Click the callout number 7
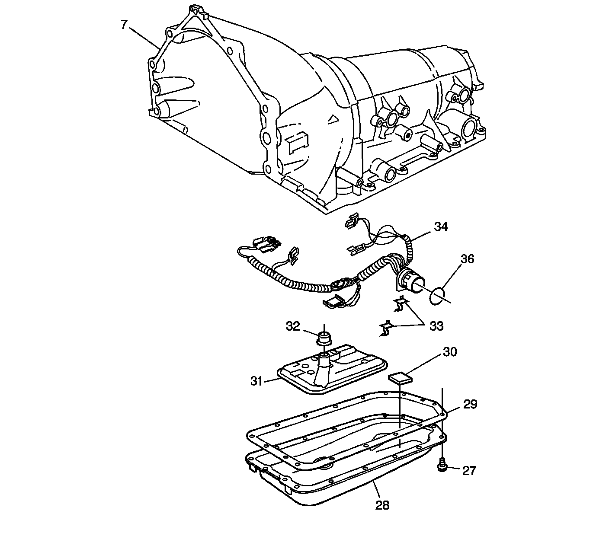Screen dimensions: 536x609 (124, 25)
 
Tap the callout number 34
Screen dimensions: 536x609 (441, 227)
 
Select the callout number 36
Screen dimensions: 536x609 (467, 259)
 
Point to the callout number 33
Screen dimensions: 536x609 (436, 325)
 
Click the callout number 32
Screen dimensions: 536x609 (293, 325)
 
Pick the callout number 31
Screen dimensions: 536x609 (257, 381)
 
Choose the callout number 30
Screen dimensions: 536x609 (449, 352)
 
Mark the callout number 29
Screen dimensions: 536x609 (470, 404)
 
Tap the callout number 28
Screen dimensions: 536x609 (382, 504)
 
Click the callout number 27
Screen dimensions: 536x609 (469, 470)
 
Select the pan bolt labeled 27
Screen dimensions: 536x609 (442, 466)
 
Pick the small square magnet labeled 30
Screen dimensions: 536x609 (401, 379)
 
